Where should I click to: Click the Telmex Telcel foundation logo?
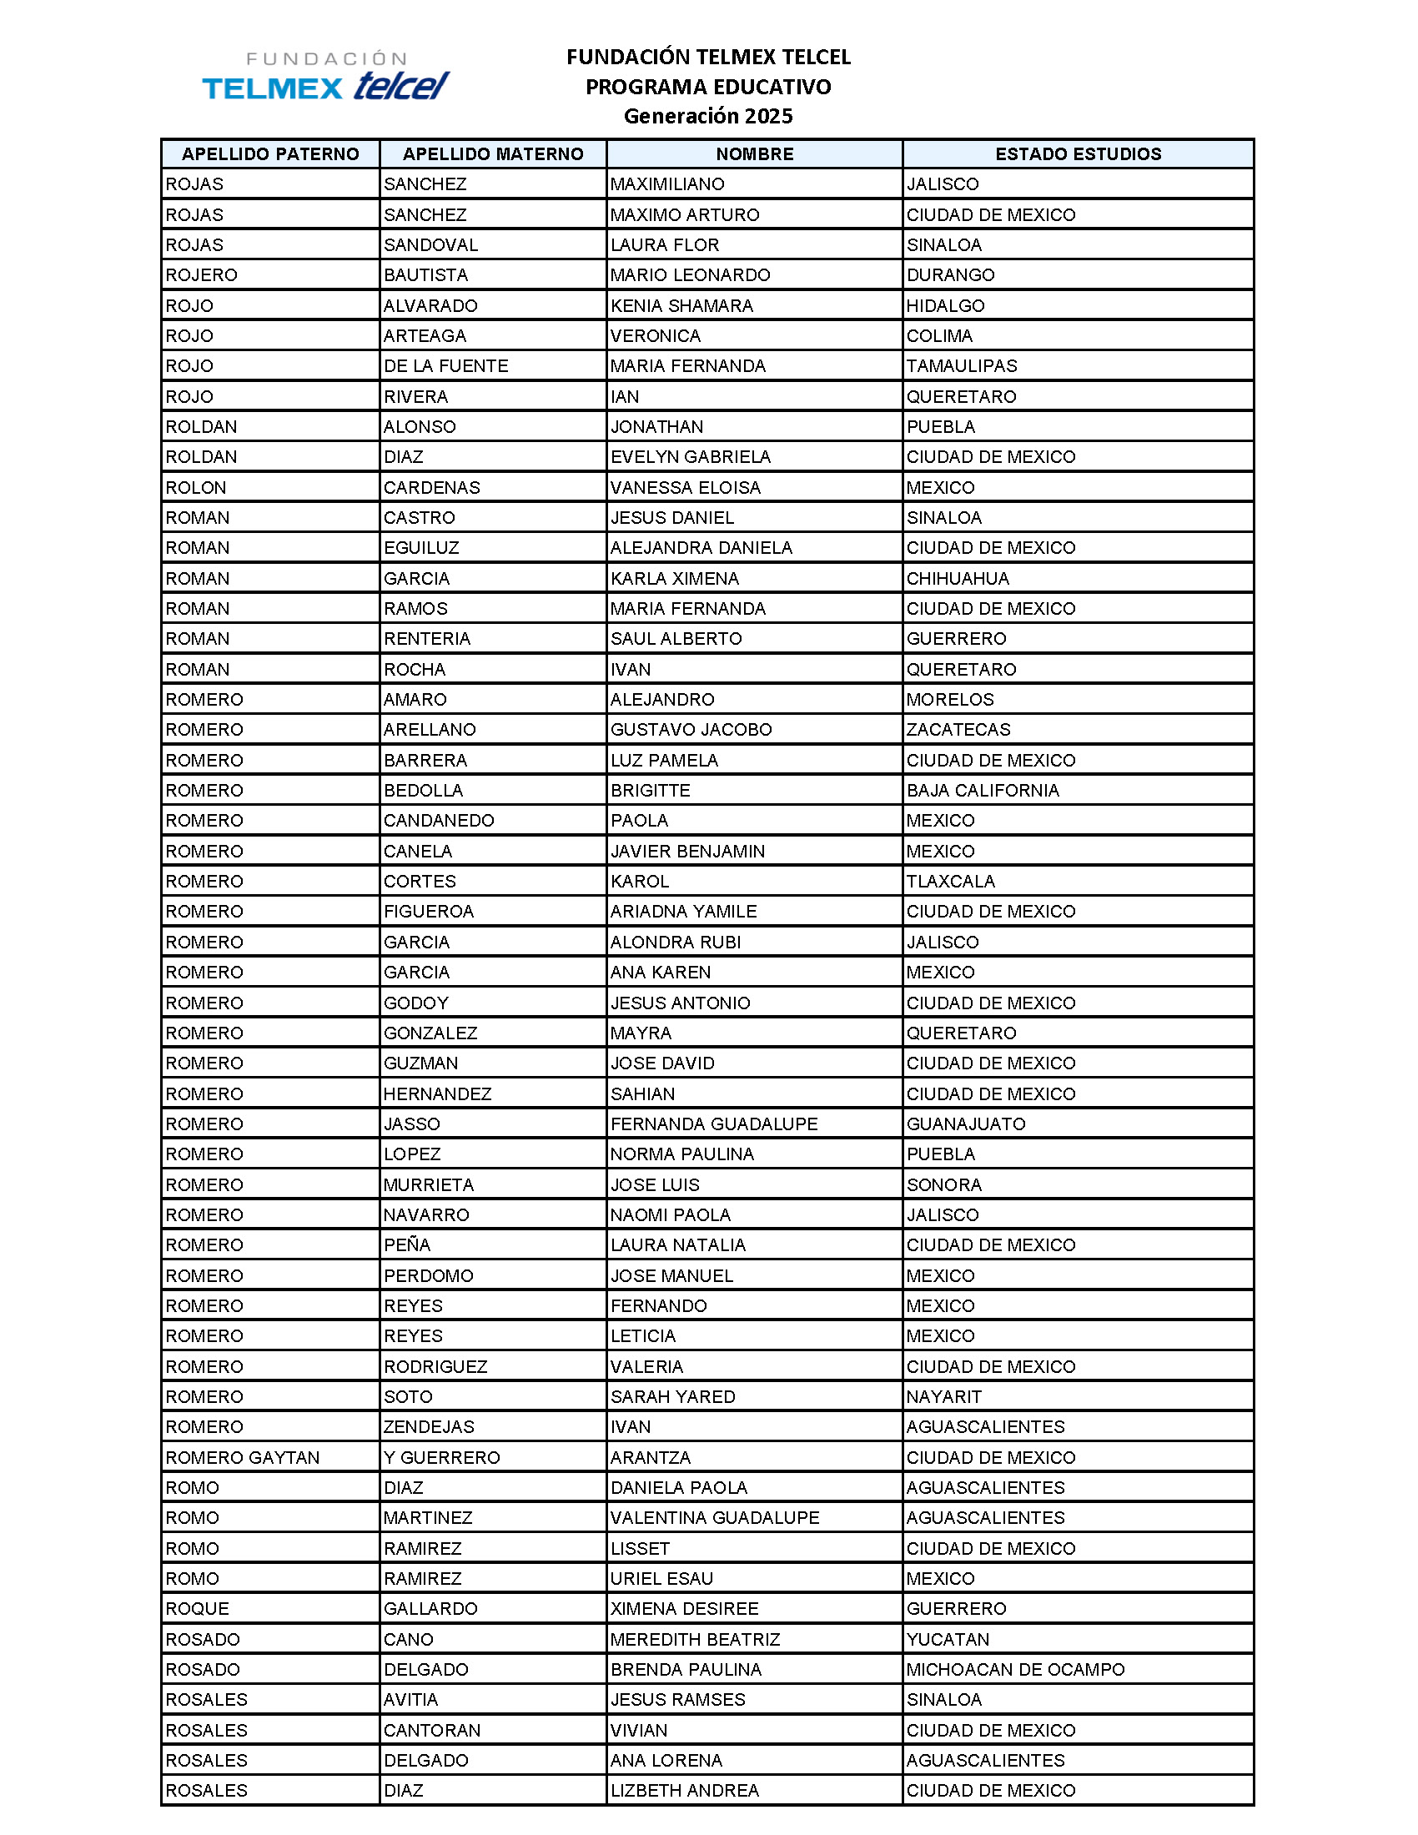(x=326, y=77)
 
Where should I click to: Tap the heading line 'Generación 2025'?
(x=707, y=116)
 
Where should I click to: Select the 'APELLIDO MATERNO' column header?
(x=492, y=153)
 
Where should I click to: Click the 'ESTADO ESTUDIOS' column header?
(x=1078, y=153)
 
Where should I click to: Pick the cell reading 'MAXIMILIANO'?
(x=667, y=184)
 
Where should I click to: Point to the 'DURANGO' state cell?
(x=950, y=274)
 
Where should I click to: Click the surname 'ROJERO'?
(x=202, y=274)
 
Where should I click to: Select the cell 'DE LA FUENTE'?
(x=446, y=365)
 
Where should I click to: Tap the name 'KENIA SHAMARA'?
(x=681, y=305)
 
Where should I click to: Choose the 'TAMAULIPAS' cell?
(x=961, y=365)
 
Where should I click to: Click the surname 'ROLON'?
(x=196, y=487)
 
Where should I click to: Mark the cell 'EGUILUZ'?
(x=422, y=548)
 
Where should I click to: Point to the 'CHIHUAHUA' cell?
(x=958, y=578)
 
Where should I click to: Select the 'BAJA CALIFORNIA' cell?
(x=982, y=790)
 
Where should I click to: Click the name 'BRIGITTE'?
(x=651, y=790)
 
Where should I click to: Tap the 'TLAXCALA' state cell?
(x=950, y=881)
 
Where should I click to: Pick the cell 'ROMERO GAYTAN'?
(x=242, y=1457)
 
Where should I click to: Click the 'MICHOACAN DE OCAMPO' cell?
(x=1015, y=1669)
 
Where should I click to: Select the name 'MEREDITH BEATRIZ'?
(x=695, y=1638)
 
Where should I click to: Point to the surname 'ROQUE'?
(x=197, y=1608)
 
